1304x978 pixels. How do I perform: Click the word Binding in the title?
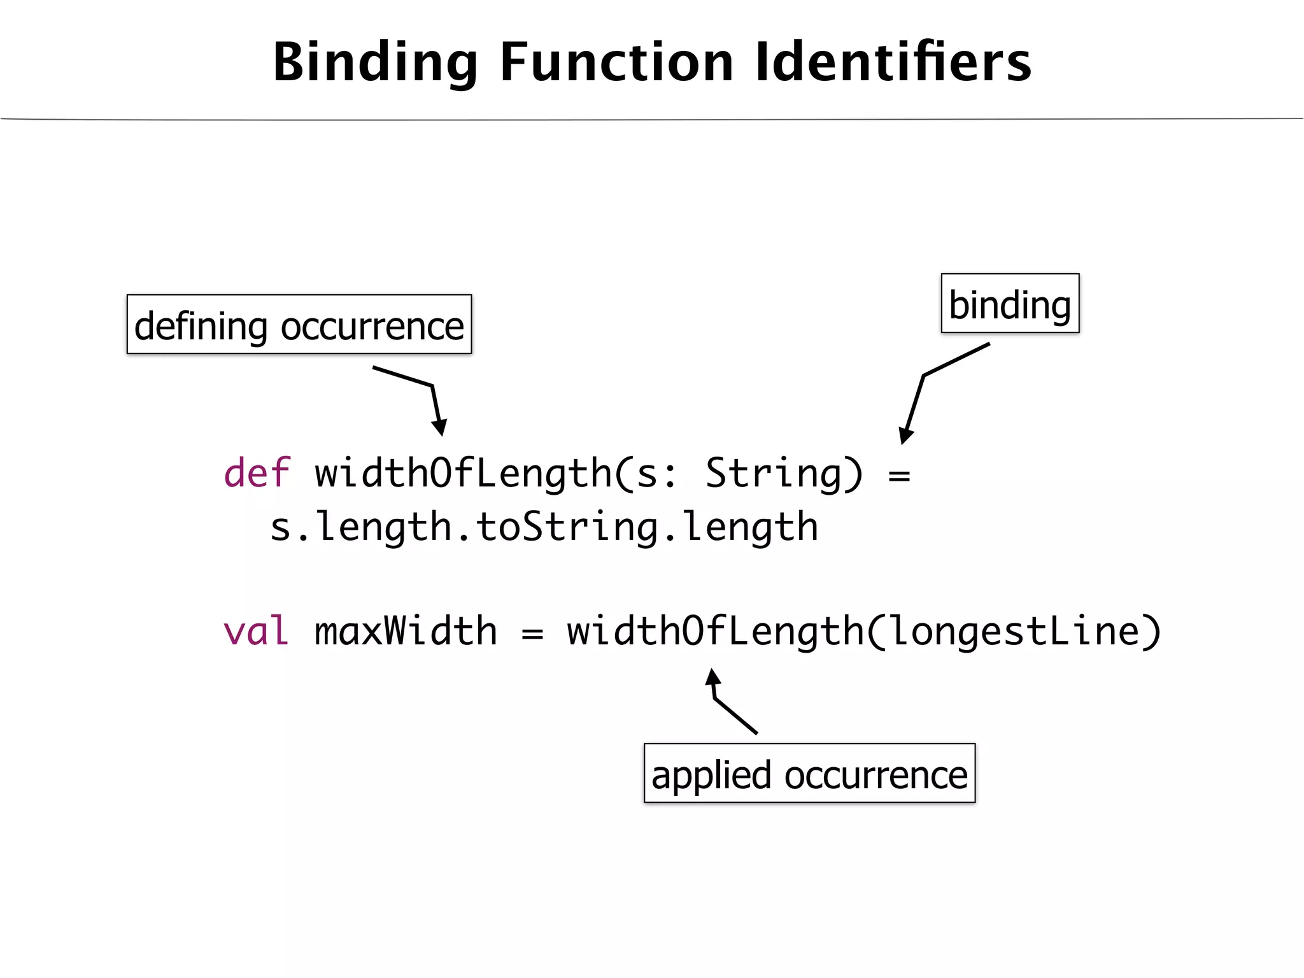[x=375, y=62]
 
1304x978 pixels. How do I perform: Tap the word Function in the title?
[x=616, y=62]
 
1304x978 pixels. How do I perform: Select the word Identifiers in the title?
[x=893, y=62]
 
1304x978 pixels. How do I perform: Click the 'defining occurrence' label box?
[x=299, y=325]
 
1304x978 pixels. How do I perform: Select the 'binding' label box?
[x=1010, y=304]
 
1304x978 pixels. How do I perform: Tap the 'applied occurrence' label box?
[x=809, y=774]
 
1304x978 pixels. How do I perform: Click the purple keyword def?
[x=257, y=473]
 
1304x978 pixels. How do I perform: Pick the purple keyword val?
[x=256, y=631]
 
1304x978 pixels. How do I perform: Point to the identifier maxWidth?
[x=406, y=631]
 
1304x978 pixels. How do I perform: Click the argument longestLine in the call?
[x=1012, y=631]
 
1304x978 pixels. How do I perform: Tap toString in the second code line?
[x=567, y=527]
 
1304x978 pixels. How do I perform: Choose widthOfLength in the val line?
[x=715, y=631]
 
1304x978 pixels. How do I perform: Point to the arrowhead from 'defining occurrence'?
[x=439, y=427]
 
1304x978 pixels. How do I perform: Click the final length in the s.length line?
[x=750, y=527]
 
